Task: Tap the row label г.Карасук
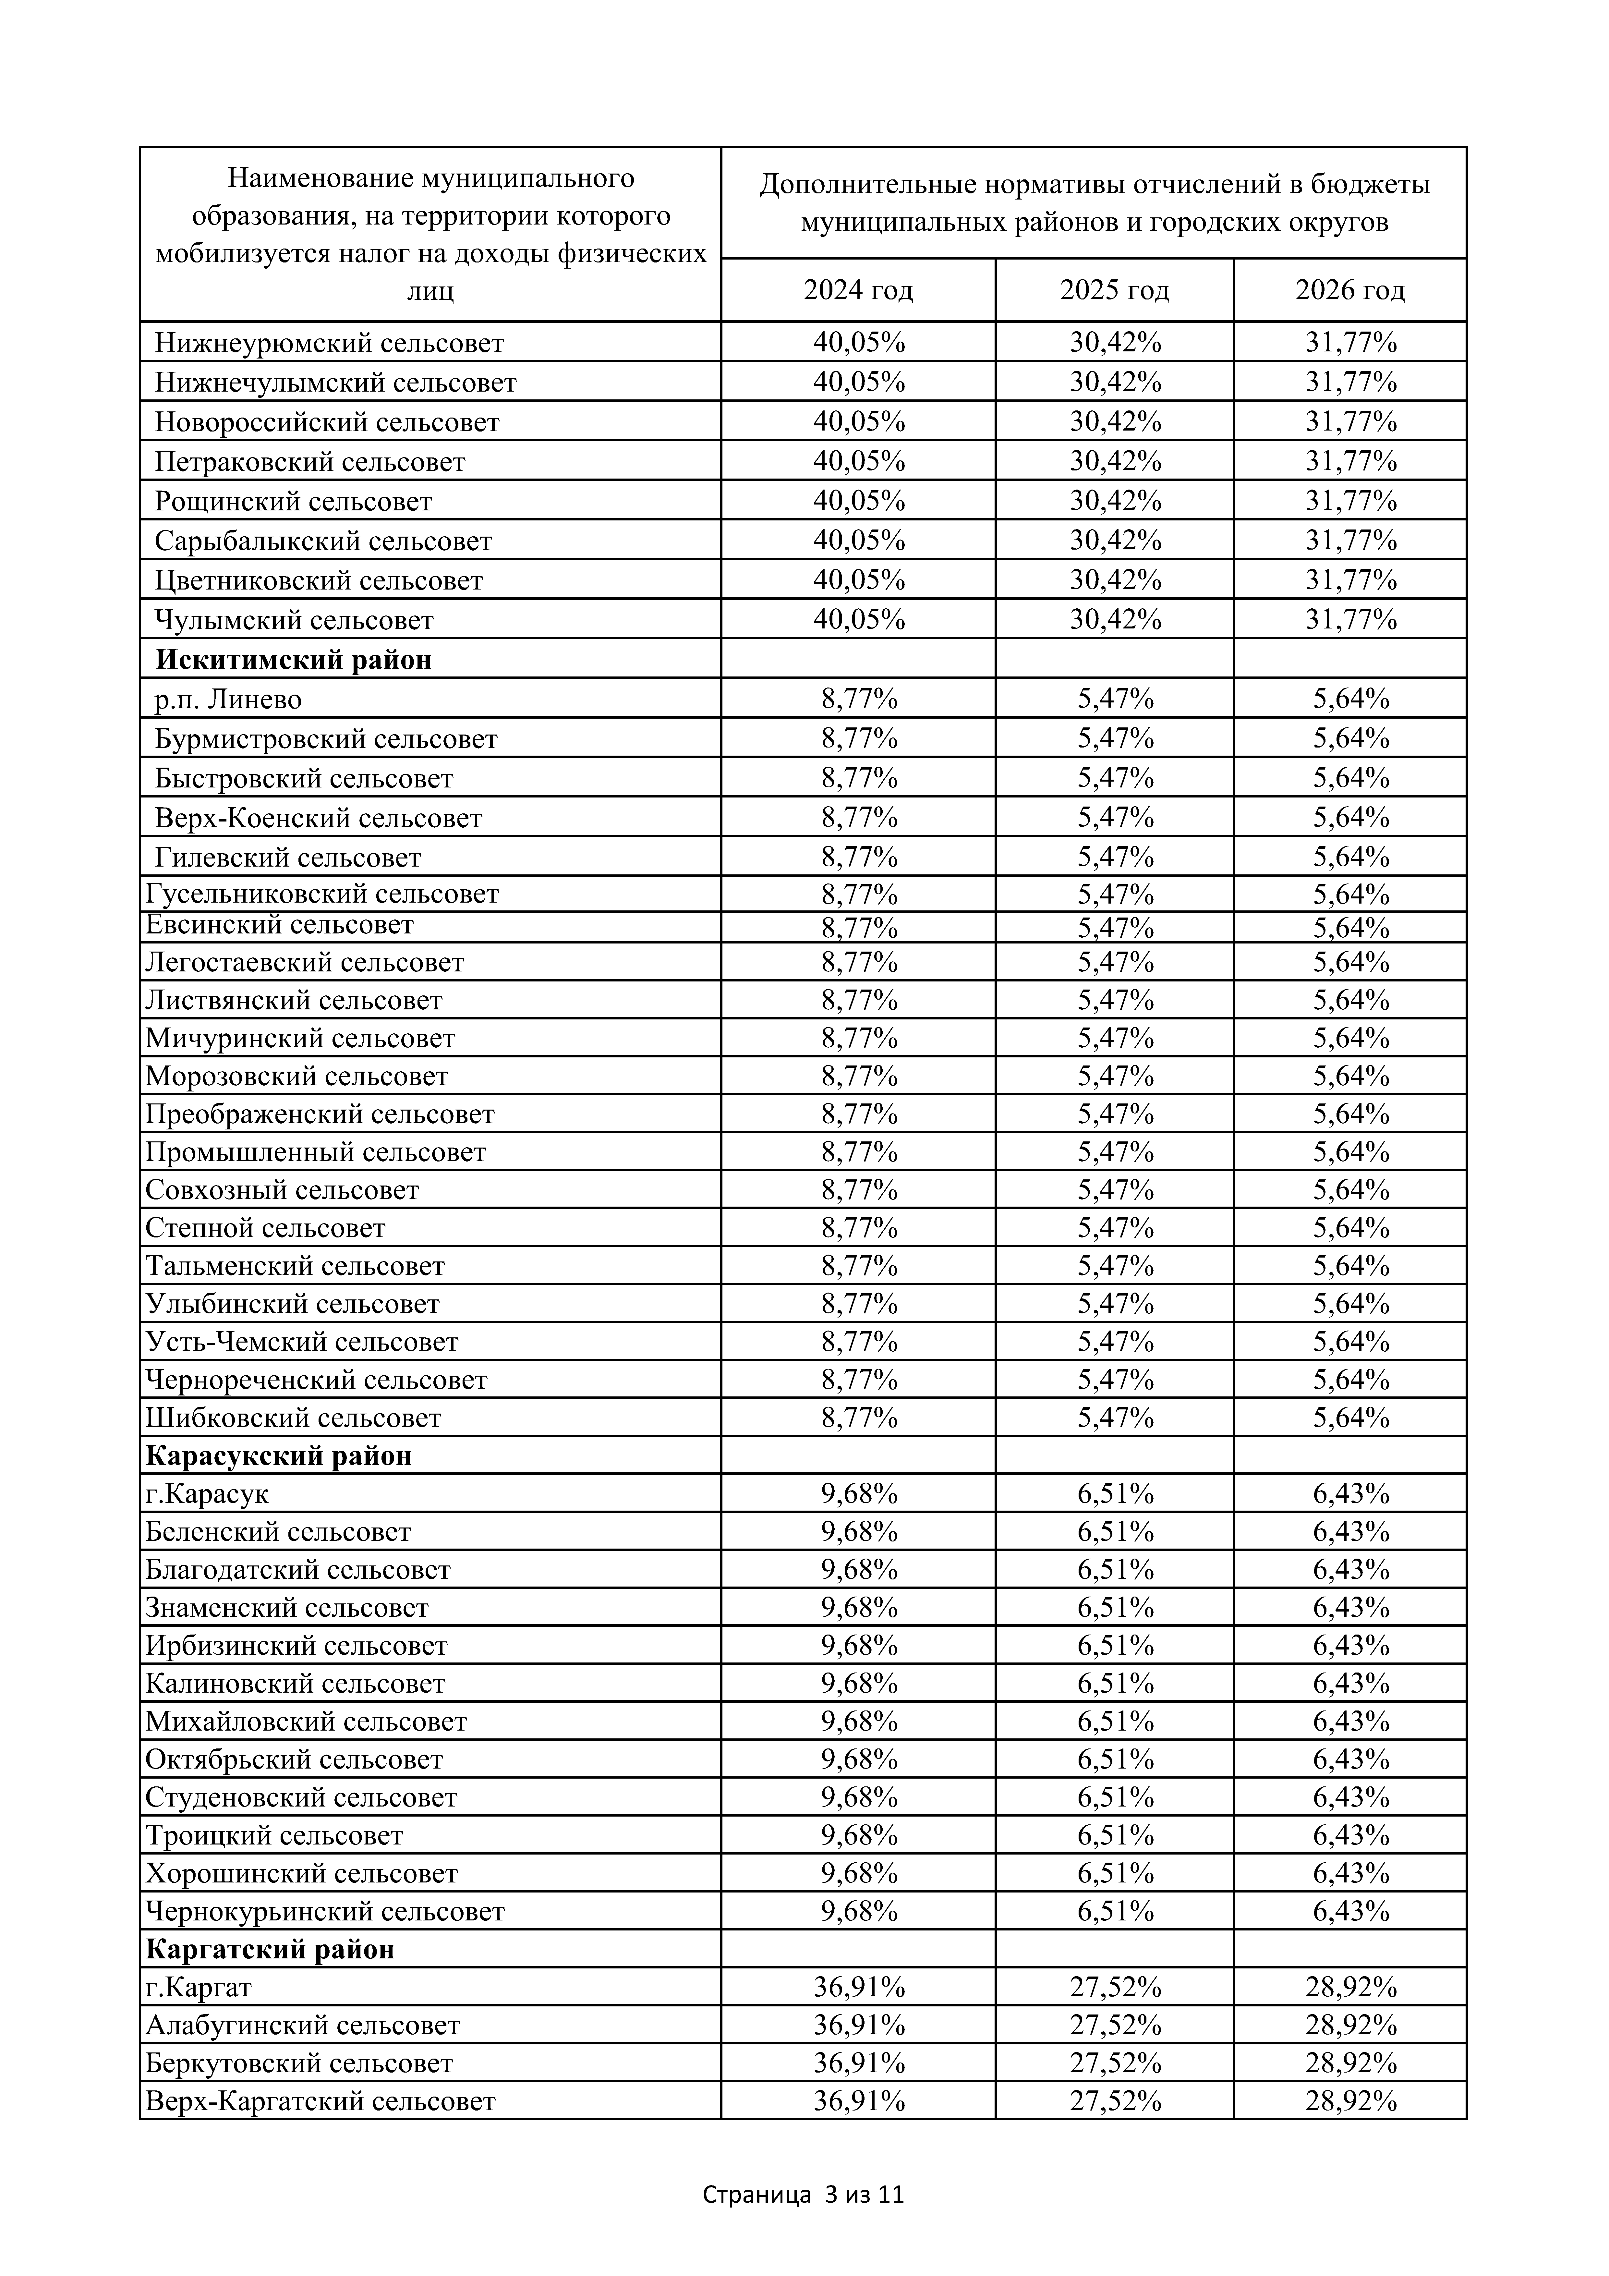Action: (207, 1494)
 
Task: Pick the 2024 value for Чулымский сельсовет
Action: (859, 620)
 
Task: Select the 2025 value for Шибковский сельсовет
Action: (1115, 1418)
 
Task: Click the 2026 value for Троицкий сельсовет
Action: (1350, 1835)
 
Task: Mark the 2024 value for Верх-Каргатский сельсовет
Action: (859, 2100)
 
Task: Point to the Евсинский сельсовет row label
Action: (280, 925)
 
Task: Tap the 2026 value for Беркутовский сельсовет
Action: (1350, 2063)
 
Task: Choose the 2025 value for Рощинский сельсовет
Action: (1115, 501)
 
